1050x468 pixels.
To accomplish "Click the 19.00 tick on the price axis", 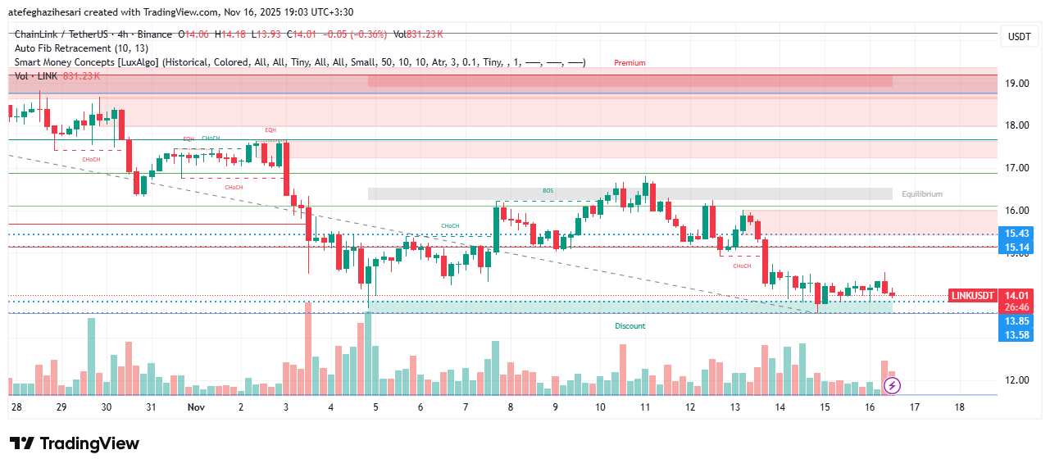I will pyautogui.click(x=1018, y=83).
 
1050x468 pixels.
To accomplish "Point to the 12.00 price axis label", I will pyautogui.click(x=1018, y=380).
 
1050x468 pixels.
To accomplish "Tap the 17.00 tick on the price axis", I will pyautogui.click(x=1018, y=168).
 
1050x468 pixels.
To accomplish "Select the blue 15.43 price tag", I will pyautogui.click(x=1017, y=234).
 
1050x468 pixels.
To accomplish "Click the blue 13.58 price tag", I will pyautogui.click(x=1017, y=334).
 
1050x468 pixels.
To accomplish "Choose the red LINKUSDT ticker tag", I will pyautogui.click(x=971, y=295).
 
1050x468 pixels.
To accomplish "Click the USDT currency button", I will pyautogui.click(x=1019, y=37).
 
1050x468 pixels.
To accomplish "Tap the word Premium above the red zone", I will pyautogui.click(x=630, y=63).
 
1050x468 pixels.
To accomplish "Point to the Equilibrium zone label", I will pyautogui.click(x=921, y=194).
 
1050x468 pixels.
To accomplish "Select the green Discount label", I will pyautogui.click(x=630, y=326).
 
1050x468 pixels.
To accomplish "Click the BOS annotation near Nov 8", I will pyautogui.click(x=548, y=191).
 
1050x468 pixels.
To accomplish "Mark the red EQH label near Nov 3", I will pyautogui.click(x=270, y=130).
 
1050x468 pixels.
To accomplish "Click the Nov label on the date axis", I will pyautogui.click(x=196, y=407).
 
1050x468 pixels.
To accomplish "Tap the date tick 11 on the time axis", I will pyautogui.click(x=645, y=407).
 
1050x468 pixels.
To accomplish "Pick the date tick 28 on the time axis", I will pyautogui.click(x=16, y=407).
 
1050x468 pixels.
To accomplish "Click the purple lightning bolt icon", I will pyautogui.click(x=893, y=384).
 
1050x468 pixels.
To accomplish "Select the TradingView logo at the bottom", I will pyautogui.click(x=75, y=443).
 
